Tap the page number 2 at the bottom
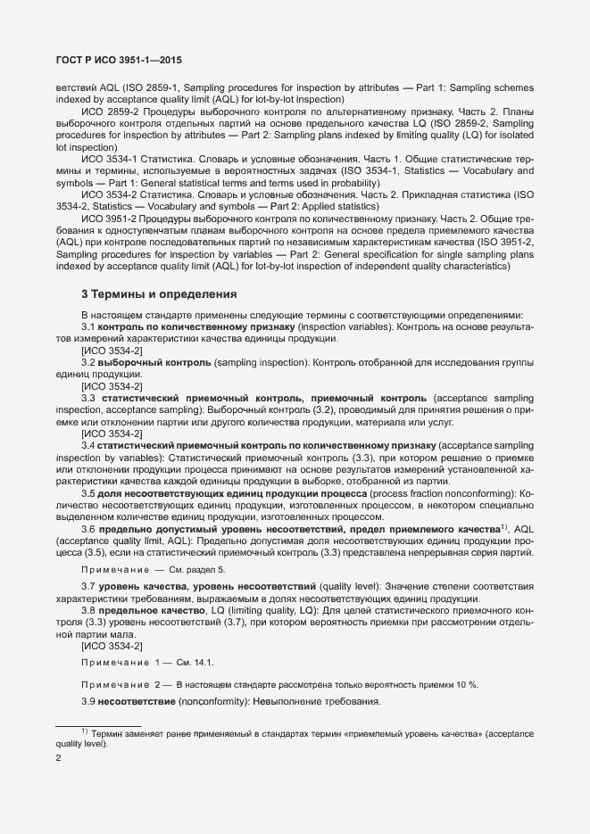coord(59,759)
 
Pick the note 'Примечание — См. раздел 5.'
coord(153,568)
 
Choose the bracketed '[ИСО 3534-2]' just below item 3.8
coord(111,645)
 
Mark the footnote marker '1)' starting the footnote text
coord(85,731)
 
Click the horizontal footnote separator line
coord(98,724)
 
